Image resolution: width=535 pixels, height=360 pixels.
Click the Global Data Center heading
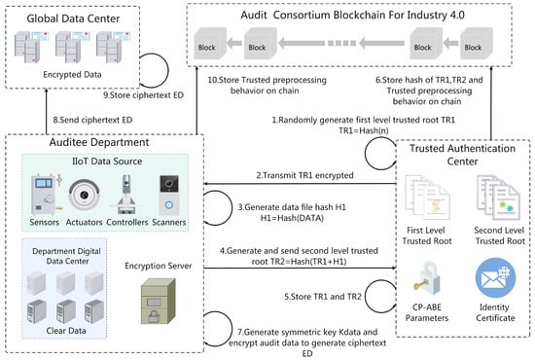[x=73, y=18]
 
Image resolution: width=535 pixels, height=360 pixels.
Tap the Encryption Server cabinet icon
[x=159, y=302]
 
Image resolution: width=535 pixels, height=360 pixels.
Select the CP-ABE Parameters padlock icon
[x=426, y=278]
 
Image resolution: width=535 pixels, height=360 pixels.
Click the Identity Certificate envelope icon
[x=495, y=278]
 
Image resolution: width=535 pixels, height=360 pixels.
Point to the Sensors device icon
[x=46, y=195]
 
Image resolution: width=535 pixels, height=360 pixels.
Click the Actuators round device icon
[x=84, y=195]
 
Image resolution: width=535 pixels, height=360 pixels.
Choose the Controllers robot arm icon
[x=126, y=195]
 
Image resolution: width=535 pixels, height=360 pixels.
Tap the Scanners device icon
[x=169, y=195]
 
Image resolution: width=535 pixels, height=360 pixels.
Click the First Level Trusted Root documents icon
[x=427, y=197]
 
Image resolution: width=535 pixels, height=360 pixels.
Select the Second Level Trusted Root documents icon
[x=498, y=197]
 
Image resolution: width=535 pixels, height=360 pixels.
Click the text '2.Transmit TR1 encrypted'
[x=304, y=175]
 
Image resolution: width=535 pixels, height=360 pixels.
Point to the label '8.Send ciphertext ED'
[x=92, y=120]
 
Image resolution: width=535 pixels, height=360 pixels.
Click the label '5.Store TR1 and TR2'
[x=323, y=297]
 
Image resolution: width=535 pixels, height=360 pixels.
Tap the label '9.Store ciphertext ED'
[x=143, y=95]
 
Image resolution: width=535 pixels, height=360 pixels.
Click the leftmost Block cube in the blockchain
[x=210, y=44]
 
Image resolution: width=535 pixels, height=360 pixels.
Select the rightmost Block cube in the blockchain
[x=477, y=44]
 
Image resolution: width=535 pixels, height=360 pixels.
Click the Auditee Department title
[x=99, y=142]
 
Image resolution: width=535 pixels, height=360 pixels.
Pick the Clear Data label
[x=66, y=330]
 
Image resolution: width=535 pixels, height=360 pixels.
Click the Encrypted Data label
[x=72, y=74]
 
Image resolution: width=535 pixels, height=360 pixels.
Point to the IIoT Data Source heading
[x=107, y=162]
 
